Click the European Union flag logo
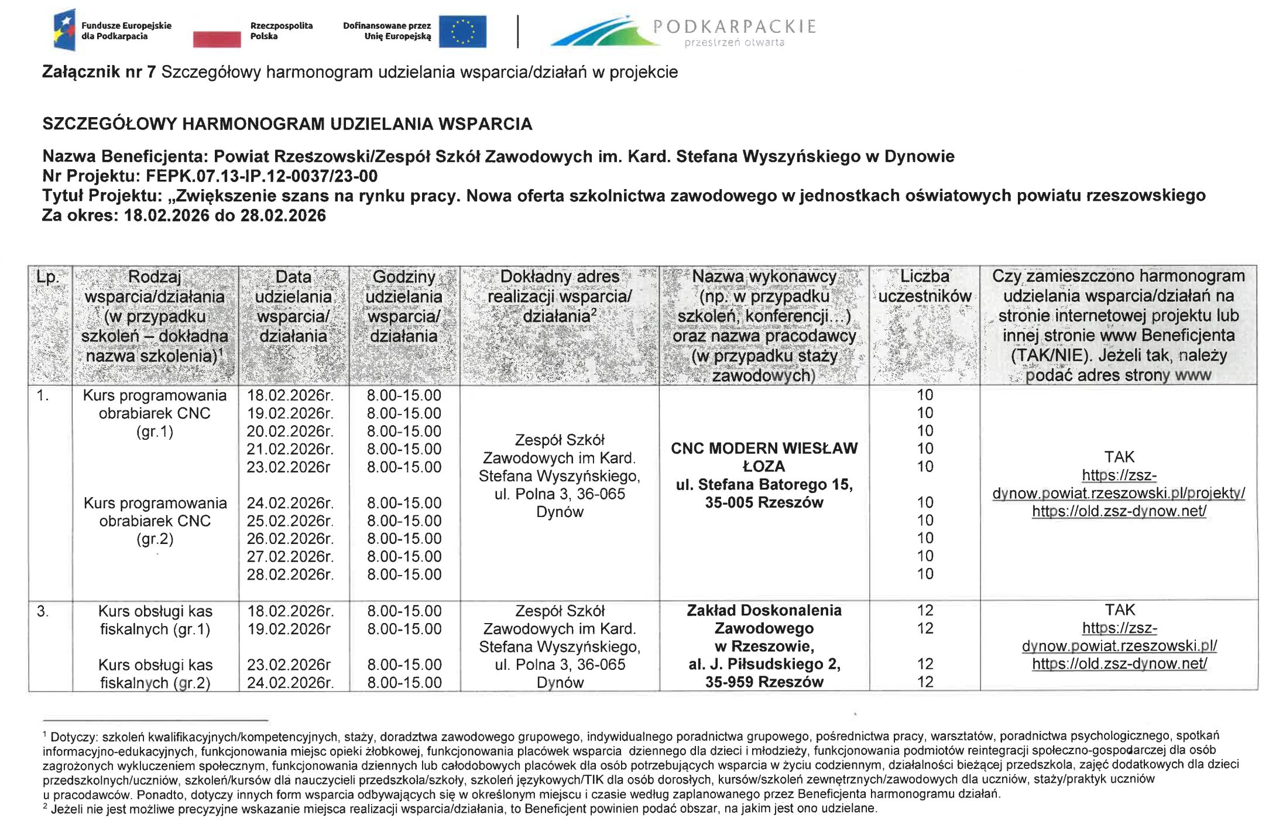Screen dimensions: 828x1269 [x=462, y=31]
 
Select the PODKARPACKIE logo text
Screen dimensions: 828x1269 [x=734, y=26]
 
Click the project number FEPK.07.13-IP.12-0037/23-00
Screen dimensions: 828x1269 [x=262, y=176]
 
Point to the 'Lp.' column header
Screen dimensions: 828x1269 [x=48, y=277]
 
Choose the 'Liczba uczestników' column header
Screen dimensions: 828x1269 [x=925, y=286]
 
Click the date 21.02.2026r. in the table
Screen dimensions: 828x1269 [x=290, y=449]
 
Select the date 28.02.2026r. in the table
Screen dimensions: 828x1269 [x=290, y=574]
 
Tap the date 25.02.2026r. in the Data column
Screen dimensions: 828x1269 [x=290, y=521]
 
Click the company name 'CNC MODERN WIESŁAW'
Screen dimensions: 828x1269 [x=764, y=449]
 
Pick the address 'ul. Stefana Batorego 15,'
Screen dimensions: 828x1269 [x=764, y=485]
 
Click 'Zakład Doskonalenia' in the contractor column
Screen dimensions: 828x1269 [x=764, y=611]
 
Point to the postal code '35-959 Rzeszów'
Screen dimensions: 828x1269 [x=764, y=682]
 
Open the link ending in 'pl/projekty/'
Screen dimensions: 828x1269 [x=1119, y=494]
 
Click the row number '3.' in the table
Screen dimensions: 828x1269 [x=43, y=612]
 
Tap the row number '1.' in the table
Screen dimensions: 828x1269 [x=43, y=396]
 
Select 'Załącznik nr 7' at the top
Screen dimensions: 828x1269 [x=99, y=72]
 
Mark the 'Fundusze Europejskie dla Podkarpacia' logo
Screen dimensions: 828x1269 [x=111, y=30]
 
